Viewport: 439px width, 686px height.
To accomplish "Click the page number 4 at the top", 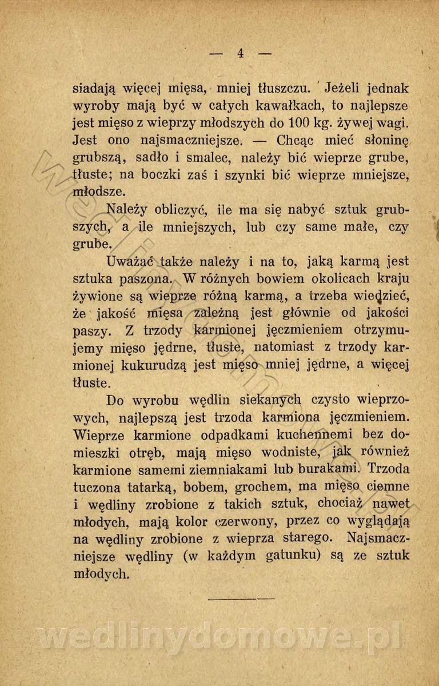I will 240,53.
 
